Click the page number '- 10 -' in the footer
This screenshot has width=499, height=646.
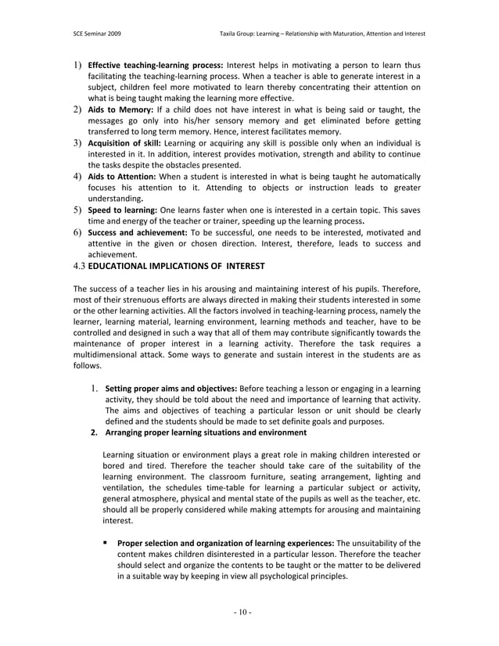coord(249,612)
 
